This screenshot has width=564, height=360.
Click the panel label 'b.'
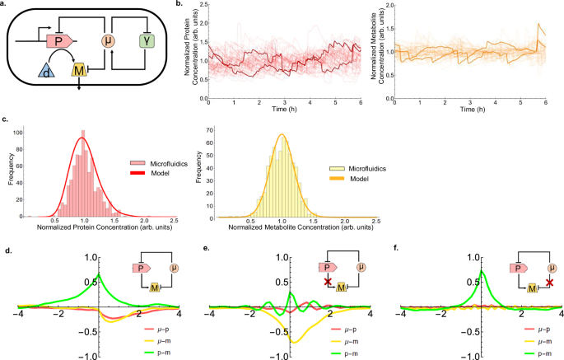point(183,5)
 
